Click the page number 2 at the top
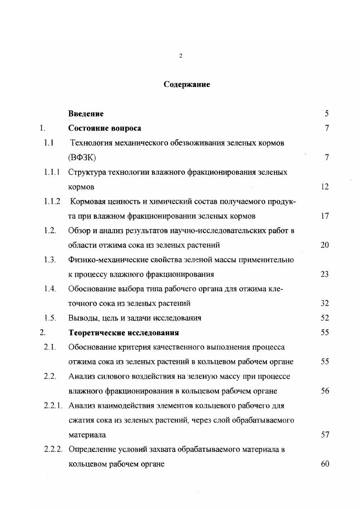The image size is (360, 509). (181, 56)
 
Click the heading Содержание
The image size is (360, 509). (187, 85)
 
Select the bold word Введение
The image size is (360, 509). (86, 114)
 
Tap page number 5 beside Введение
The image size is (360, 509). (326, 114)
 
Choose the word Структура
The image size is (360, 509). (86, 172)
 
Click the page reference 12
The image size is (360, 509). (324, 186)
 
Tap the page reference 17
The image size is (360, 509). (324, 216)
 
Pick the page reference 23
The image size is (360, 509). (324, 274)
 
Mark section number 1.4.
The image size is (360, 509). (50, 289)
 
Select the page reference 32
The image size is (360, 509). (324, 303)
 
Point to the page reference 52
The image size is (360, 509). (324, 318)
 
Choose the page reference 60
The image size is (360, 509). (324, 464)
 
